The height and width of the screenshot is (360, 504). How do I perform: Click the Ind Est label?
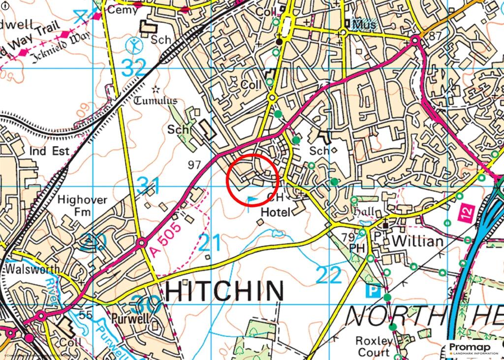pyautogui.click(x=49, y=151)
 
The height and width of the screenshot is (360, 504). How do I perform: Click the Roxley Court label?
pyautogui.click(x=376, y=346)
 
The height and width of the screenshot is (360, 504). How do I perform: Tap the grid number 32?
pyautogui.click(x=133, y=68)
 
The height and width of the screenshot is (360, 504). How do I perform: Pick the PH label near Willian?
pyautogui.click(x=357, y=249)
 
